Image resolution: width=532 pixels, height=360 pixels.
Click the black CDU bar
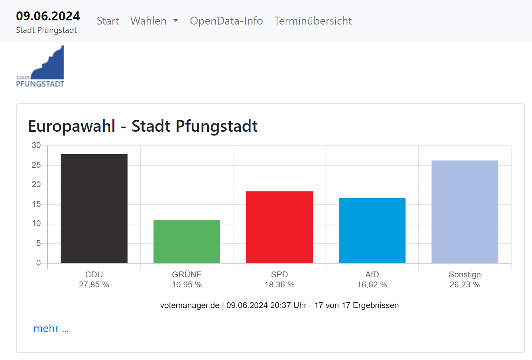click(x=94, y=209)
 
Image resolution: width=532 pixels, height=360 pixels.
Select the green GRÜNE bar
click(x=187, y=242)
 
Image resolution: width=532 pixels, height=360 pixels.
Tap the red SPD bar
click(x=279, y=227)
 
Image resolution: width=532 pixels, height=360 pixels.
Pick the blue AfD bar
click(x=372, y=231)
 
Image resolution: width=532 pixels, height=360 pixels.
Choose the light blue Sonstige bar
click(x=465, y=212)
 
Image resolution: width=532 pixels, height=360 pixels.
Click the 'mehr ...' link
click(x=51, y=328)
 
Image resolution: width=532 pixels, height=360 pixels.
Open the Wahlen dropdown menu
click(x=154, y=21)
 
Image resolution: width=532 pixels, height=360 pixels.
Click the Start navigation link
click(x=108, y=21)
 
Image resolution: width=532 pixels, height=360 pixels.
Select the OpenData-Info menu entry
click(x=226, y=21)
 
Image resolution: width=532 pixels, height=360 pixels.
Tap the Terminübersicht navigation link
click(x=313, y=21)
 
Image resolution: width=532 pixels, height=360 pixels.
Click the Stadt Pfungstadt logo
click(x=40, y=66)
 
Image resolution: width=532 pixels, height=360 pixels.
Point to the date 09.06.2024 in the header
click(x=48, y=16)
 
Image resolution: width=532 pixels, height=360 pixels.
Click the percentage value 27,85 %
click(x=94, y=285)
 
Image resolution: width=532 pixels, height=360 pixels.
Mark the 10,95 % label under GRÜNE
click(x=187, y=285)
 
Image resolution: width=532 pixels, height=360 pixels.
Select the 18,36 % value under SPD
click(x=279, y=285)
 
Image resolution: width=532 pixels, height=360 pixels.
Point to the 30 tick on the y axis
click(x=36, y=145)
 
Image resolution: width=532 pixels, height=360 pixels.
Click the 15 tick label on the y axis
click(x=36, y=204)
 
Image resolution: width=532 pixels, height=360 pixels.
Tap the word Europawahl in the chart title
click(x=72, y=126)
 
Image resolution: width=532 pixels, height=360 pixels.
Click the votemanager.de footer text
click(x=190, y=305)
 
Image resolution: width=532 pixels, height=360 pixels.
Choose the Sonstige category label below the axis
click(x=465, y=275)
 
